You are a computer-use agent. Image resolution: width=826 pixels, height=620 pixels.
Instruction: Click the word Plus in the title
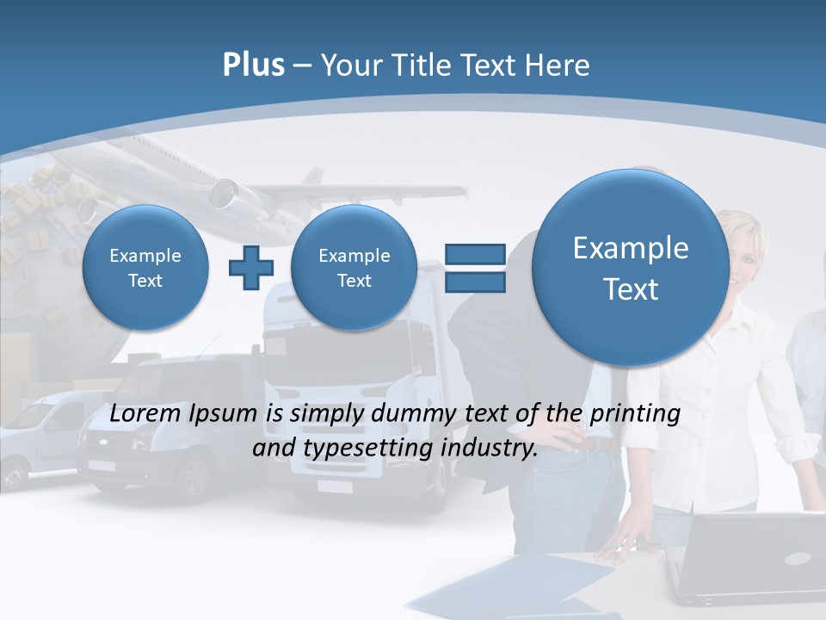point(253,65)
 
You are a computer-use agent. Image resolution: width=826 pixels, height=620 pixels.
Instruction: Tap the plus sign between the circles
point(250,268)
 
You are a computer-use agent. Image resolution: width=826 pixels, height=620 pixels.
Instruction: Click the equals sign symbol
point(475,268)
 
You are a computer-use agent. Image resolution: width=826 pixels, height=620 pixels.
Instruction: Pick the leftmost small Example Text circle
point(145,268)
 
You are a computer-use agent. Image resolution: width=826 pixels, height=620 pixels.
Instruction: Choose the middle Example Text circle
point(354,268)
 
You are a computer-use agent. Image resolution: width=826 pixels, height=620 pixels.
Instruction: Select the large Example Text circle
point(631,268)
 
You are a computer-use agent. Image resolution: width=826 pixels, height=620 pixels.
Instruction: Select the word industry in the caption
point(493,449)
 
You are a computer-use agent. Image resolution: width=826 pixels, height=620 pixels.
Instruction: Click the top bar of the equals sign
point(475,254)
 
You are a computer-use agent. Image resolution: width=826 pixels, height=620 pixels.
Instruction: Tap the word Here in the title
point(561,65)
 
